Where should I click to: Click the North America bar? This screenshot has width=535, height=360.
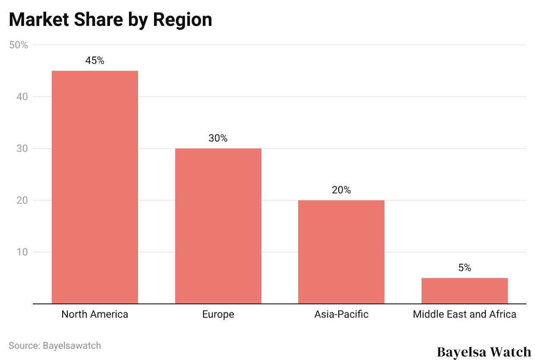pyautogui.click(x=95, y=187)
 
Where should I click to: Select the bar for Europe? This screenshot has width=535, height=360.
pyautogui.click(x=218, y=226)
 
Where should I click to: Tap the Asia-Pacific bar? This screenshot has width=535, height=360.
pyautogui.click(x=341, y=252)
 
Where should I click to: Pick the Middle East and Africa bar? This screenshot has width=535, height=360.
pyautogui.click(x=464, y=291)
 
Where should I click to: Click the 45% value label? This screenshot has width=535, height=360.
pyautogui.click(x=95, y=61)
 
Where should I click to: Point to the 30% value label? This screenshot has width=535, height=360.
pyautogui.click(x=218, y=139)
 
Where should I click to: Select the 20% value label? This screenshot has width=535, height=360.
pyautogui.click(x=341, y=190)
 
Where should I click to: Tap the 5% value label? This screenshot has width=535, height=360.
pyautogui.click(x=465, y=268)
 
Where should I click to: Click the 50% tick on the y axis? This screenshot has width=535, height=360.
pyautogui.click(x=19, y=45)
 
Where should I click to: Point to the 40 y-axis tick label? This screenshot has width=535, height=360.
pyautogui.click(x=22, y=97)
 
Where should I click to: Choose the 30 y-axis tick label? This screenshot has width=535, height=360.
pyautogui.click(x=22, y=148)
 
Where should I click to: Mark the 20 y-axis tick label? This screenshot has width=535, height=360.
pyautogui.click(x=22, y=200)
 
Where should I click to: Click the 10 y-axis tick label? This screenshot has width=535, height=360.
pyautogui.click(x=22, y=252)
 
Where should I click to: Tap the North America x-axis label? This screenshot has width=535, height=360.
pyautogui.click(x=95, y=314)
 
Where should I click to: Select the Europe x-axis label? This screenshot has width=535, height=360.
pyautogui.click(x=218, y=314)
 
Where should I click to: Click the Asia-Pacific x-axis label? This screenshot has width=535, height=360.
pyautogui.click(x=341, y=314)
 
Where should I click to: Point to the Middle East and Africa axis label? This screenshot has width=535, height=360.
pyautogui.click(x=464, y=314)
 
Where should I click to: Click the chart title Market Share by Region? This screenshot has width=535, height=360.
pyautogui.click(x=110, y=20)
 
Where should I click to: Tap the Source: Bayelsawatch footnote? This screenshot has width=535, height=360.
pyautogui.click(x=55, y=346)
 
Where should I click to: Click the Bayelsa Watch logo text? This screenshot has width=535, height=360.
pyautogui.click(x=484, y=352)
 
